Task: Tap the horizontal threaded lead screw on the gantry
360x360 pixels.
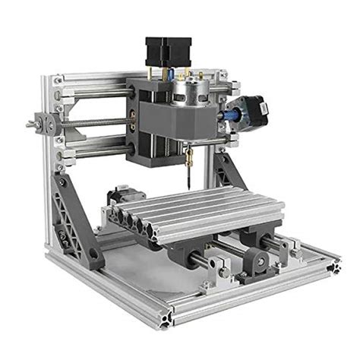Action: (95, 122)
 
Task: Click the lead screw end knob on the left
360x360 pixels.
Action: (33, 122)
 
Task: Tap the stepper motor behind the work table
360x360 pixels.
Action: (120, 196)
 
